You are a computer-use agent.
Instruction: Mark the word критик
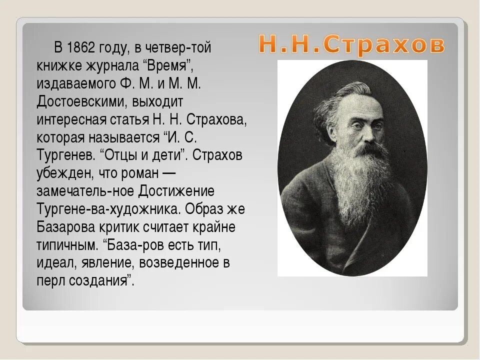(x=124, y=226)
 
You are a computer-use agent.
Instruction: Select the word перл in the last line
(x=49, y=280)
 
